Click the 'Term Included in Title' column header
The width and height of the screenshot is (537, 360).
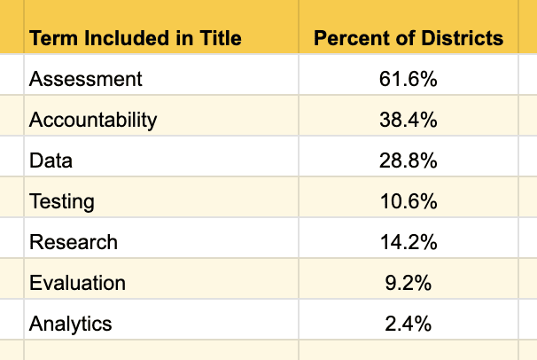point(136,37)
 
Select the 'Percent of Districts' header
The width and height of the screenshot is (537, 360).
point(409,37)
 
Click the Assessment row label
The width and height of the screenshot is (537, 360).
point(86,79)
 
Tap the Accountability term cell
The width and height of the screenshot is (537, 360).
point(93,121)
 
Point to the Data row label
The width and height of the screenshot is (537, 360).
point(51,160)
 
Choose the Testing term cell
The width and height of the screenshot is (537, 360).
point(62,201)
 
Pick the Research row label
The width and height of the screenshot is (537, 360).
point(74,242)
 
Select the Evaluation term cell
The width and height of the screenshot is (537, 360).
point(77,283)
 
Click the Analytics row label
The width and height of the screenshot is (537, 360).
point(71,324)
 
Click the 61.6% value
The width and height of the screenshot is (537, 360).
point(409,79)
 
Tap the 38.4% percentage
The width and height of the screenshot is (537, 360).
point(409,120)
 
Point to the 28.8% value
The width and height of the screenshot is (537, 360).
point(409,160)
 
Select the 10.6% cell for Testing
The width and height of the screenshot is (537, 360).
point(409,201)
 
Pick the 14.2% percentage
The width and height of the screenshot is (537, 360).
point(409,242)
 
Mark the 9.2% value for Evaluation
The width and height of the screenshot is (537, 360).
point(409,283)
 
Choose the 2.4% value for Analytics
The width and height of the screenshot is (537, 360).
point(409,324)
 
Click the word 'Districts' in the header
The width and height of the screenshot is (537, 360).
point(463,37)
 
